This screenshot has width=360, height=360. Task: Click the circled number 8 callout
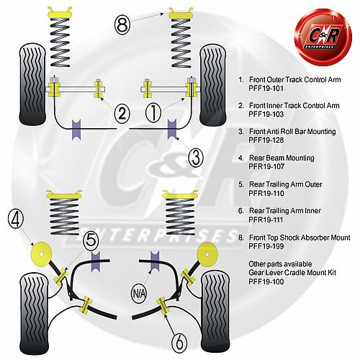(x=122, y=24)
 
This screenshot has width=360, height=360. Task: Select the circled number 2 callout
(x=122, y=114)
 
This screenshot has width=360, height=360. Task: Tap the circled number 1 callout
(x=153, y=113)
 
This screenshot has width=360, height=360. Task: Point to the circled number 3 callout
(x=196, y=157)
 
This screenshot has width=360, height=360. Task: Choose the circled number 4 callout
(x=16, y=220)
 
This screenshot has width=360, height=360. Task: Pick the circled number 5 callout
(x=91, y=240)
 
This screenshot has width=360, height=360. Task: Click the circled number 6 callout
(x=179, y=343)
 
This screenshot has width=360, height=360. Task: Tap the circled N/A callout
(x=139, y=293)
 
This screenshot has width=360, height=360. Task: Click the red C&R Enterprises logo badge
(x=323, y=37)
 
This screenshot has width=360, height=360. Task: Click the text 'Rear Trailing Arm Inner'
(x=285, y=211)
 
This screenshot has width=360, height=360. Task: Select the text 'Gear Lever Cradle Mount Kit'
(x=292, y=273)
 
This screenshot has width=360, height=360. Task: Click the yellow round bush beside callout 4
(x=42, y=254)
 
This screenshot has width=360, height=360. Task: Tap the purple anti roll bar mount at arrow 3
(x=172, y=129)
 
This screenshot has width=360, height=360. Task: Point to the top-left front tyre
(x=32, y=84)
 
